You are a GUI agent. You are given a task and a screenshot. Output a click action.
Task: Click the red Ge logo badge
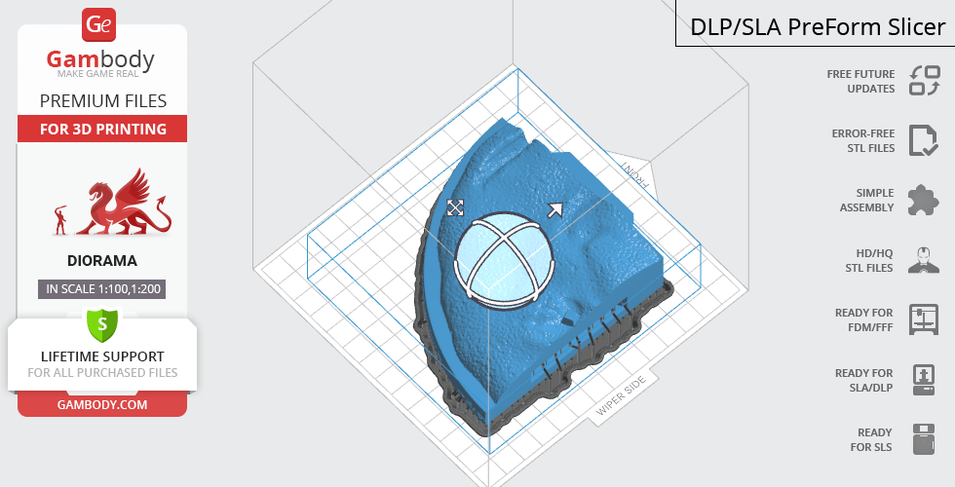(x=98, y=25)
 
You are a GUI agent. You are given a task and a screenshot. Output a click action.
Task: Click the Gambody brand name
(x=100, y=59)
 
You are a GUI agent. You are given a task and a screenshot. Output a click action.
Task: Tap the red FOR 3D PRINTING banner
(x=102, y=129)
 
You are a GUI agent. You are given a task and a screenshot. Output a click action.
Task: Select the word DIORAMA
(x=102, y=261)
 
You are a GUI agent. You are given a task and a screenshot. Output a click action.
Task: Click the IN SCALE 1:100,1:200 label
(x=102, y=289)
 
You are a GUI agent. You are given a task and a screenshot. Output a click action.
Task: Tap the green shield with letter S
(x=102, y=324)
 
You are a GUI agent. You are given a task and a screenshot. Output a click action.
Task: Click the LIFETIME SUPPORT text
(x=102, y=356)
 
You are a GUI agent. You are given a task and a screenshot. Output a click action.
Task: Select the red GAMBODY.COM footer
(x=102, y=405)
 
